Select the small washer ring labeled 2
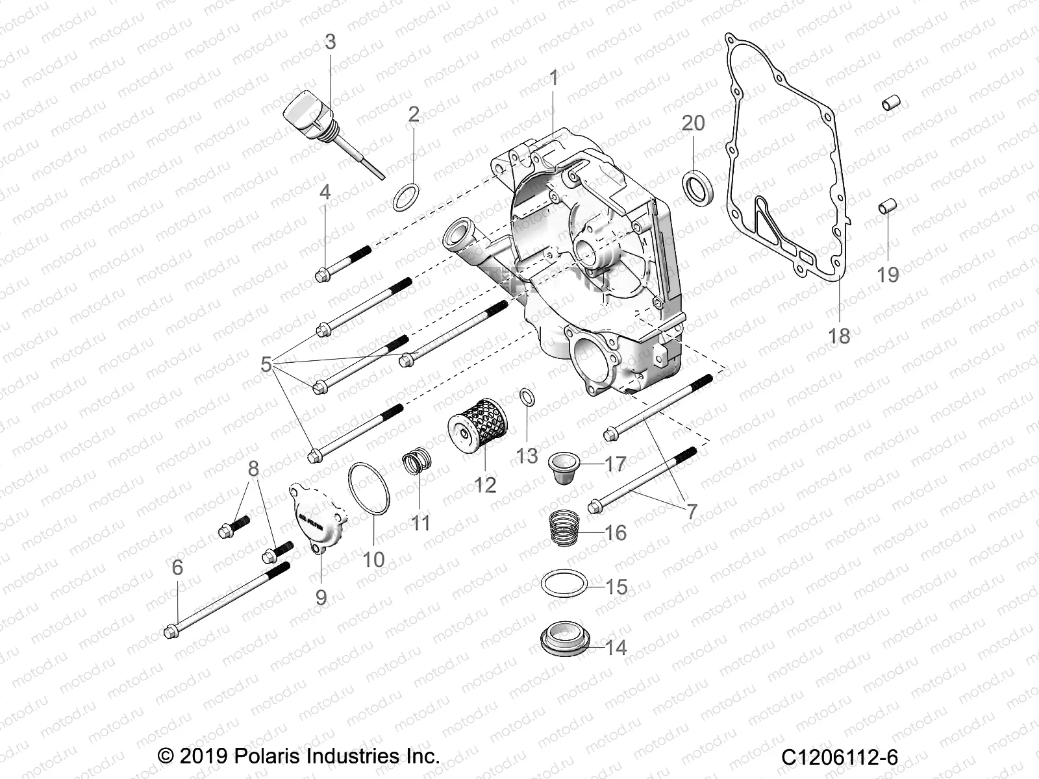(x=407, y=197)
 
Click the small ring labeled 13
(x=528, y=397)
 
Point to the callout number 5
(x=266, y=365)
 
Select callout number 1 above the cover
(x=553, y=79)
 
